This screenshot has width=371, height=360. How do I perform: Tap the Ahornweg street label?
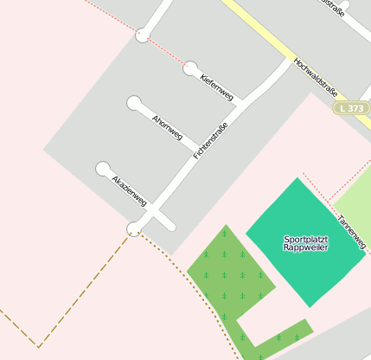coord(167,127)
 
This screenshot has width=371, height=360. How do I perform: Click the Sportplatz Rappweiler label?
coord(299,242)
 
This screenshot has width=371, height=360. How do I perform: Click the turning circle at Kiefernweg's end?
coord(190,68)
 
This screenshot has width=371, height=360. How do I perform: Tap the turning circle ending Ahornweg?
coord(134,103)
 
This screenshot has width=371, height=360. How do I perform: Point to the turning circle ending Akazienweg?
coord(103,168)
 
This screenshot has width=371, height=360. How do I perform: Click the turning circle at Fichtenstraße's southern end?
coord(135,228)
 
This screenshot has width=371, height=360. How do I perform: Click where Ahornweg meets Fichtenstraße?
coord(198,155)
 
